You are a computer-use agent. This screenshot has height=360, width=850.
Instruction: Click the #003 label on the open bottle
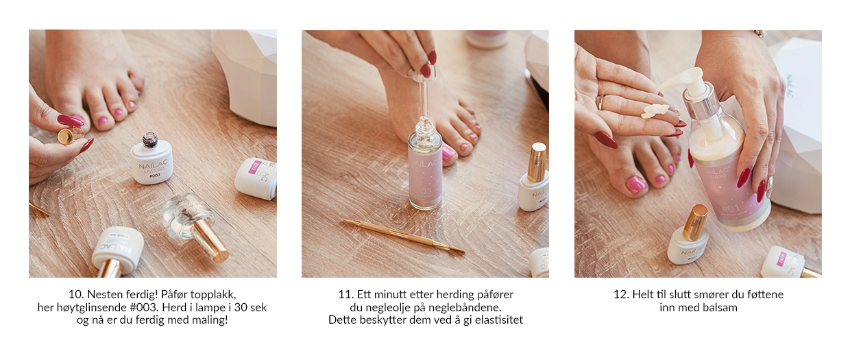tap(154, 175)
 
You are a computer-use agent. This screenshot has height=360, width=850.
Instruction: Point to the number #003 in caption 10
tap(143, 308)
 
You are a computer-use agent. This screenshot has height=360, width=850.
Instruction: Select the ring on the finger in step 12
tap(601, 103)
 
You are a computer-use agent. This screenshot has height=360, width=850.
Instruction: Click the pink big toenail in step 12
tap(636, 185)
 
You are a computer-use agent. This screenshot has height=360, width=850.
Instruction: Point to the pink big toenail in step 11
tap(448, 154)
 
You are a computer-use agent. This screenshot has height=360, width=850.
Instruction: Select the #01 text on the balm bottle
tap(731, 208)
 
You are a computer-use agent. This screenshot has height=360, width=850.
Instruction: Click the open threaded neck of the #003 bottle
tap(150, 140)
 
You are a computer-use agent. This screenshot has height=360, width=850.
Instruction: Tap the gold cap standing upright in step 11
tap(537, 161)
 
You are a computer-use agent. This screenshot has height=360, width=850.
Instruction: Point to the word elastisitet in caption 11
tap(499, 320)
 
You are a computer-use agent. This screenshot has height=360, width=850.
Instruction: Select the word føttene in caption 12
tap(764, 295)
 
